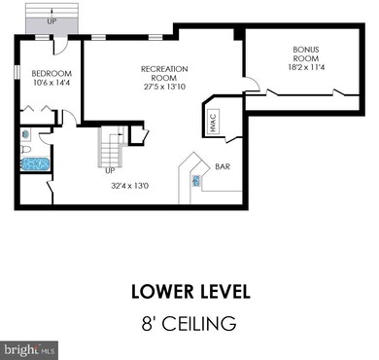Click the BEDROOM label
point(52,74)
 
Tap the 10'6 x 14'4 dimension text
point(52,83)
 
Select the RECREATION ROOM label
point(164,74)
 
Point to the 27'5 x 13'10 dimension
point(164,87)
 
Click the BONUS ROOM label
point(306,54)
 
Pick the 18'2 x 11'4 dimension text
point(306,67)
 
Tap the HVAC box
point(213,122)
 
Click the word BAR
point(223,166)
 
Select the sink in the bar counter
point(196,180)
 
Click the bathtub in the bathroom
point(35,164)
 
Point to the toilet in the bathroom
point(25,150)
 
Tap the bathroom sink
point(25,134)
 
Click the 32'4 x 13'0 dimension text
point(130,186)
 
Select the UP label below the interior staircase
point(110,171)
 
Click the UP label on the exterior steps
point(52,21)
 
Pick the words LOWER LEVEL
point(190,292)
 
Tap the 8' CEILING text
point(189,323)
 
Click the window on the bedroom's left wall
point(17,72)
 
